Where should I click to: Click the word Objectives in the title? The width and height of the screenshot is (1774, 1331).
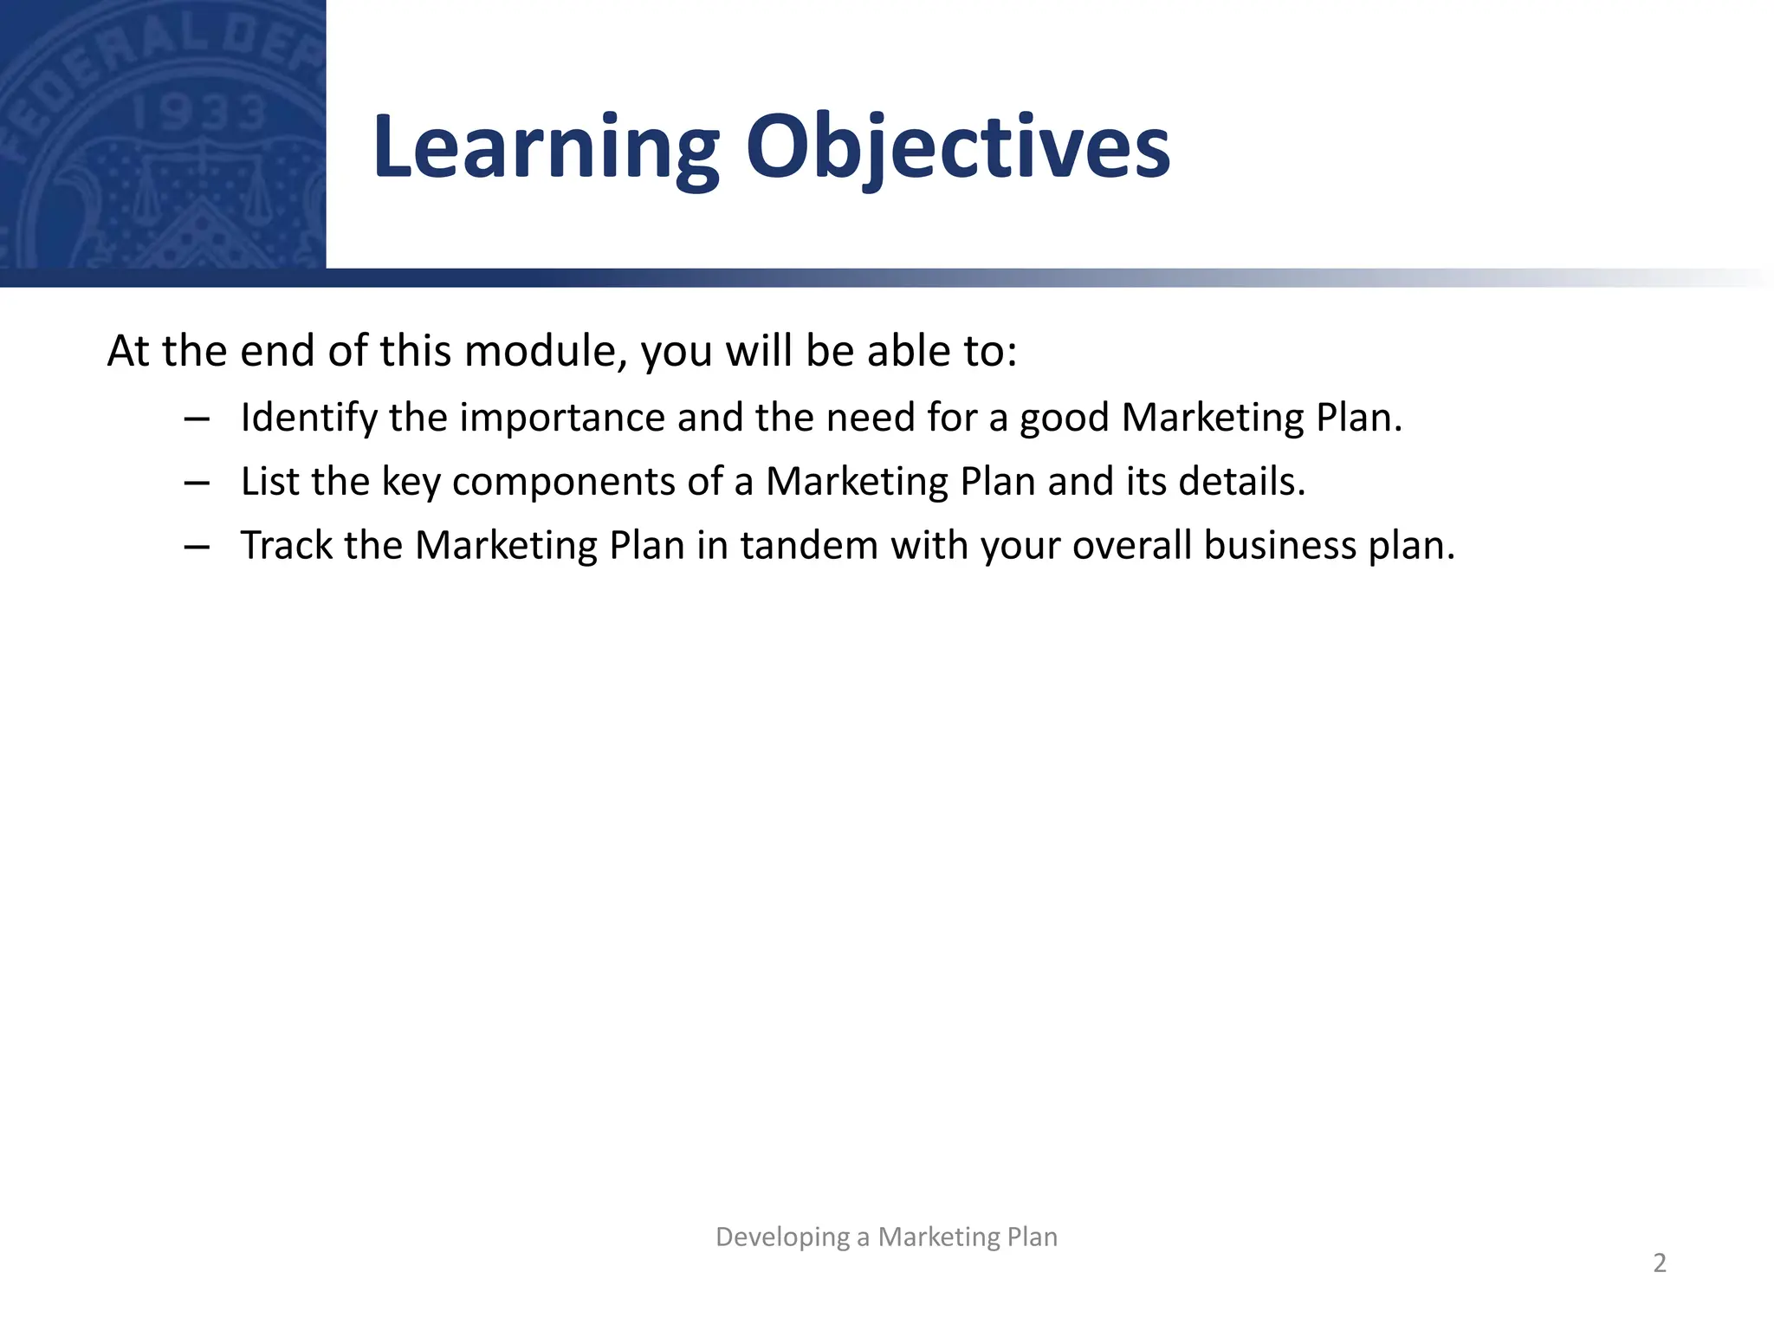pos(957,149)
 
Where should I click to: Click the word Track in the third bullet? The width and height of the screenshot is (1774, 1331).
pos(286,546)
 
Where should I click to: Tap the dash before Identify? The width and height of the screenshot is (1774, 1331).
pos(197,419)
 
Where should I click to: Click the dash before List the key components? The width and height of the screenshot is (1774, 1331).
pos(197,484)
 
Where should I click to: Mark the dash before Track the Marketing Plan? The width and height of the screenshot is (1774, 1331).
pos(197,548)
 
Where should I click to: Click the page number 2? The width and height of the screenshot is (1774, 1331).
pos(1659,1263)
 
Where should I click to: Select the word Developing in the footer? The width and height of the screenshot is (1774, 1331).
pos(782,1237)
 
